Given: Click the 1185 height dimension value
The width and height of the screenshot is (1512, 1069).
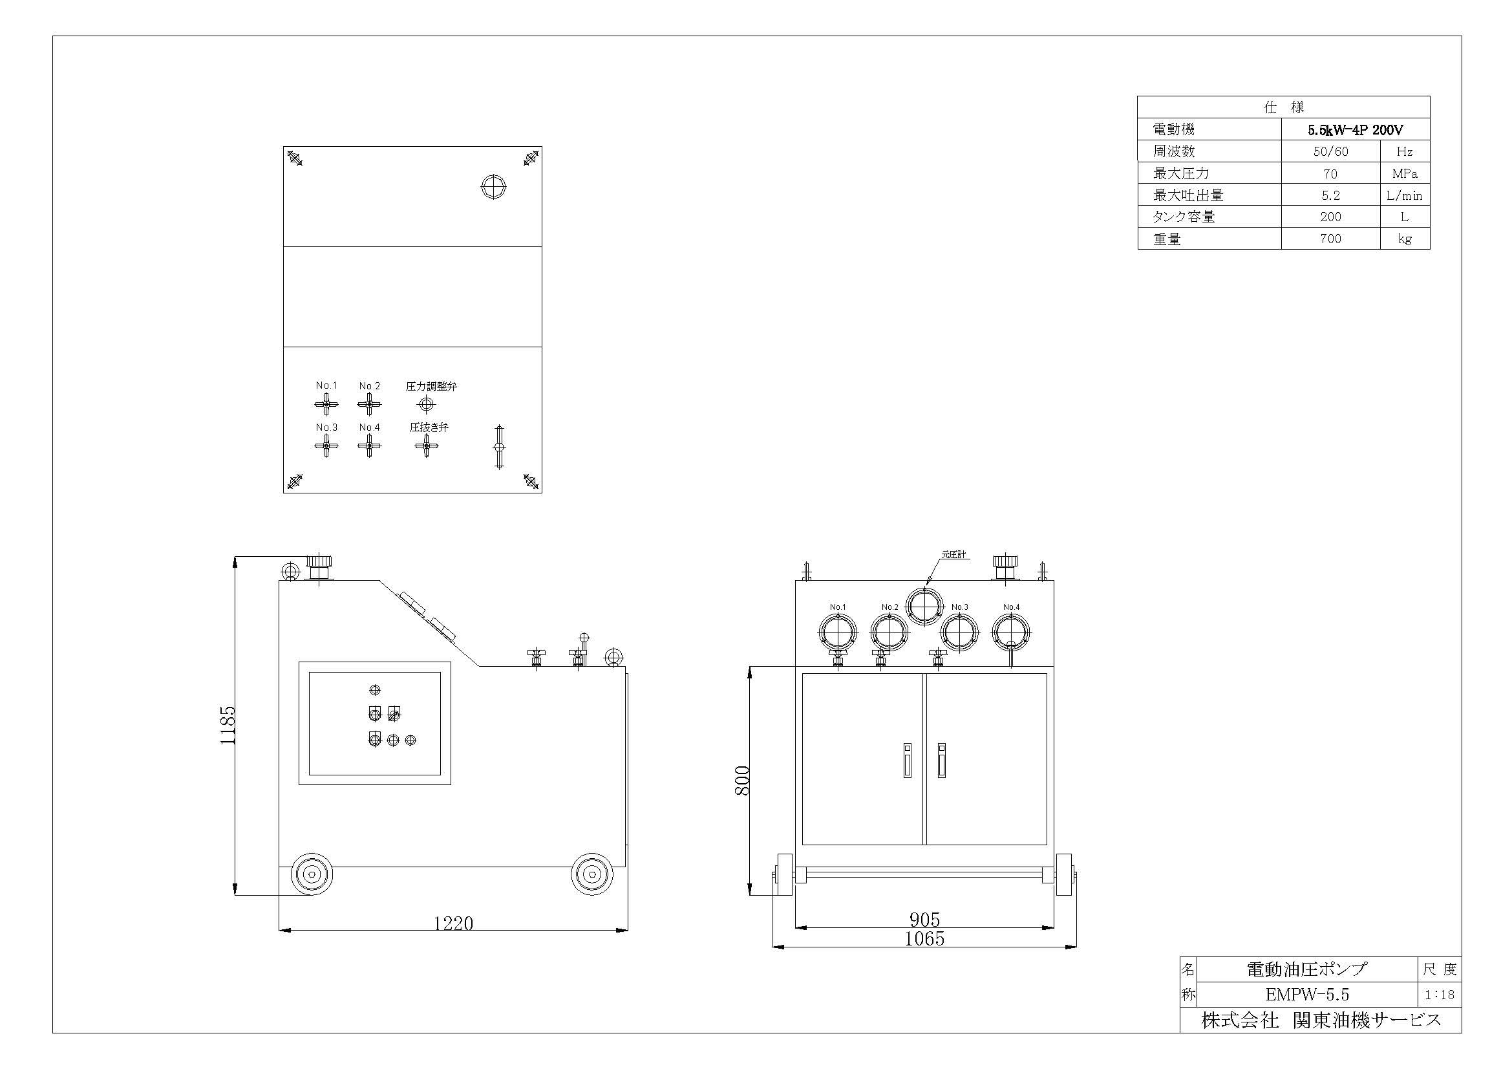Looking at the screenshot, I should [227, 725].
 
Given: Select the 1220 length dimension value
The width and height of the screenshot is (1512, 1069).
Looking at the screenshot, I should [453, 923].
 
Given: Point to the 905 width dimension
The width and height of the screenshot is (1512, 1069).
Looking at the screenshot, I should [924, 920].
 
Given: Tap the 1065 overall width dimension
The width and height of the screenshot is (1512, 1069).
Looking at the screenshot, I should [924, 938].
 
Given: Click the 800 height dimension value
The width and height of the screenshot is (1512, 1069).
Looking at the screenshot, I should [742, 781].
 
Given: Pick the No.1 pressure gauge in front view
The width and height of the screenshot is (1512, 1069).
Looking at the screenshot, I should [838, 633].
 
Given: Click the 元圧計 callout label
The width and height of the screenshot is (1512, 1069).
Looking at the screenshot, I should [953, 555].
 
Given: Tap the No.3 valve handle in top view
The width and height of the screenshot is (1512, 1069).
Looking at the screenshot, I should [326, 446].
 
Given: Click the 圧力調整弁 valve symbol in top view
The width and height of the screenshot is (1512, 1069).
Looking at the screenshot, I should [426, 404].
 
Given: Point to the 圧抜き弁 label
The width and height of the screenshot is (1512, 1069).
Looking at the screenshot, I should [429, 427].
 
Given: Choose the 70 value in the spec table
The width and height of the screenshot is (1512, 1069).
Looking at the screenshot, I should [1330, 174].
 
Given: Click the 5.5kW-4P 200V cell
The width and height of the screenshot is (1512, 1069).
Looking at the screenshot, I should [1356, 130].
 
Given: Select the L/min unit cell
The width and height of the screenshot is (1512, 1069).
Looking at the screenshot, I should [1404, 195].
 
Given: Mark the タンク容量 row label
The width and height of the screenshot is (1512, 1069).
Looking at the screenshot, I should [1184, 217].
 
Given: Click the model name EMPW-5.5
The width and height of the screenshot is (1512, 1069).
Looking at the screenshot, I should [1306, 995].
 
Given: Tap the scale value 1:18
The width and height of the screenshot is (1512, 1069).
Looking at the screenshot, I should [1440, 995].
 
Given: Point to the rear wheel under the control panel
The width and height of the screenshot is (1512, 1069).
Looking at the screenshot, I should [312, 874].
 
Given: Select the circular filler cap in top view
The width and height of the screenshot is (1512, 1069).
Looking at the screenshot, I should [493, 187].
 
